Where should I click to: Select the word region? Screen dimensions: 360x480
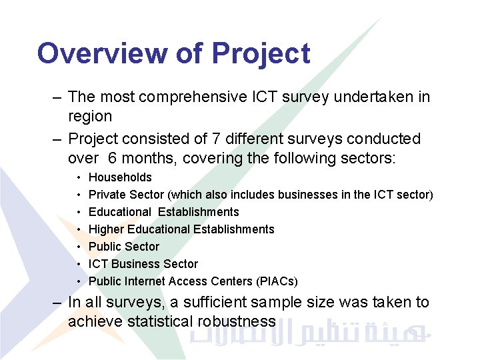(90, 117)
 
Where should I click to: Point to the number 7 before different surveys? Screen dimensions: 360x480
(217, 139)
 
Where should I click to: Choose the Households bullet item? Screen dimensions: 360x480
(120, 177)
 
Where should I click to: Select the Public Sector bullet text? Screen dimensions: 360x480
(124, 247)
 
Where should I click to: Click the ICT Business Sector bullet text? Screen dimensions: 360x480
(143, 264)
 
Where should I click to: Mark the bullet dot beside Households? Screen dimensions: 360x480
(79, 178)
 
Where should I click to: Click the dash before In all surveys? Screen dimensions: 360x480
(58, 303)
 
